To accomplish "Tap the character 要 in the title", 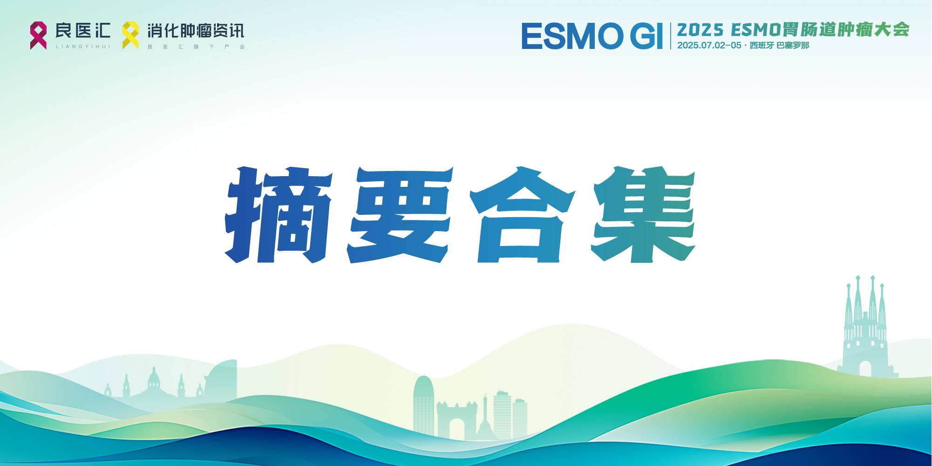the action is (400, 215).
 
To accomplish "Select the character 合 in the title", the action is (523, 215).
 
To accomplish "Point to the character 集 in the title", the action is (644, 215).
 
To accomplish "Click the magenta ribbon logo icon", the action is (38, 35).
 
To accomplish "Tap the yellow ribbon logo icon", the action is (130, 35).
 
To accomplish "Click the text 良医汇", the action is (83, 31).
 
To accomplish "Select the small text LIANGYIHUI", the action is (83, 47).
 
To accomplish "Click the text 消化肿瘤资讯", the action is (196, 31).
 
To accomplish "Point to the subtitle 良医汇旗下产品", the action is (196, 47).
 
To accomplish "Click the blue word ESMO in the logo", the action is (572, 36).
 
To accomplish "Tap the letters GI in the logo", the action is (646, 36).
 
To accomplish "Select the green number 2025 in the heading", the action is (700, 30).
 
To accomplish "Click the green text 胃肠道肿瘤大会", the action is (846, 30).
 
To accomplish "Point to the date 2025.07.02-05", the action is (709, 46).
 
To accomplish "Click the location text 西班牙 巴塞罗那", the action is (779, 46).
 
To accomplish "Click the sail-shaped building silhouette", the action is (223, 379).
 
